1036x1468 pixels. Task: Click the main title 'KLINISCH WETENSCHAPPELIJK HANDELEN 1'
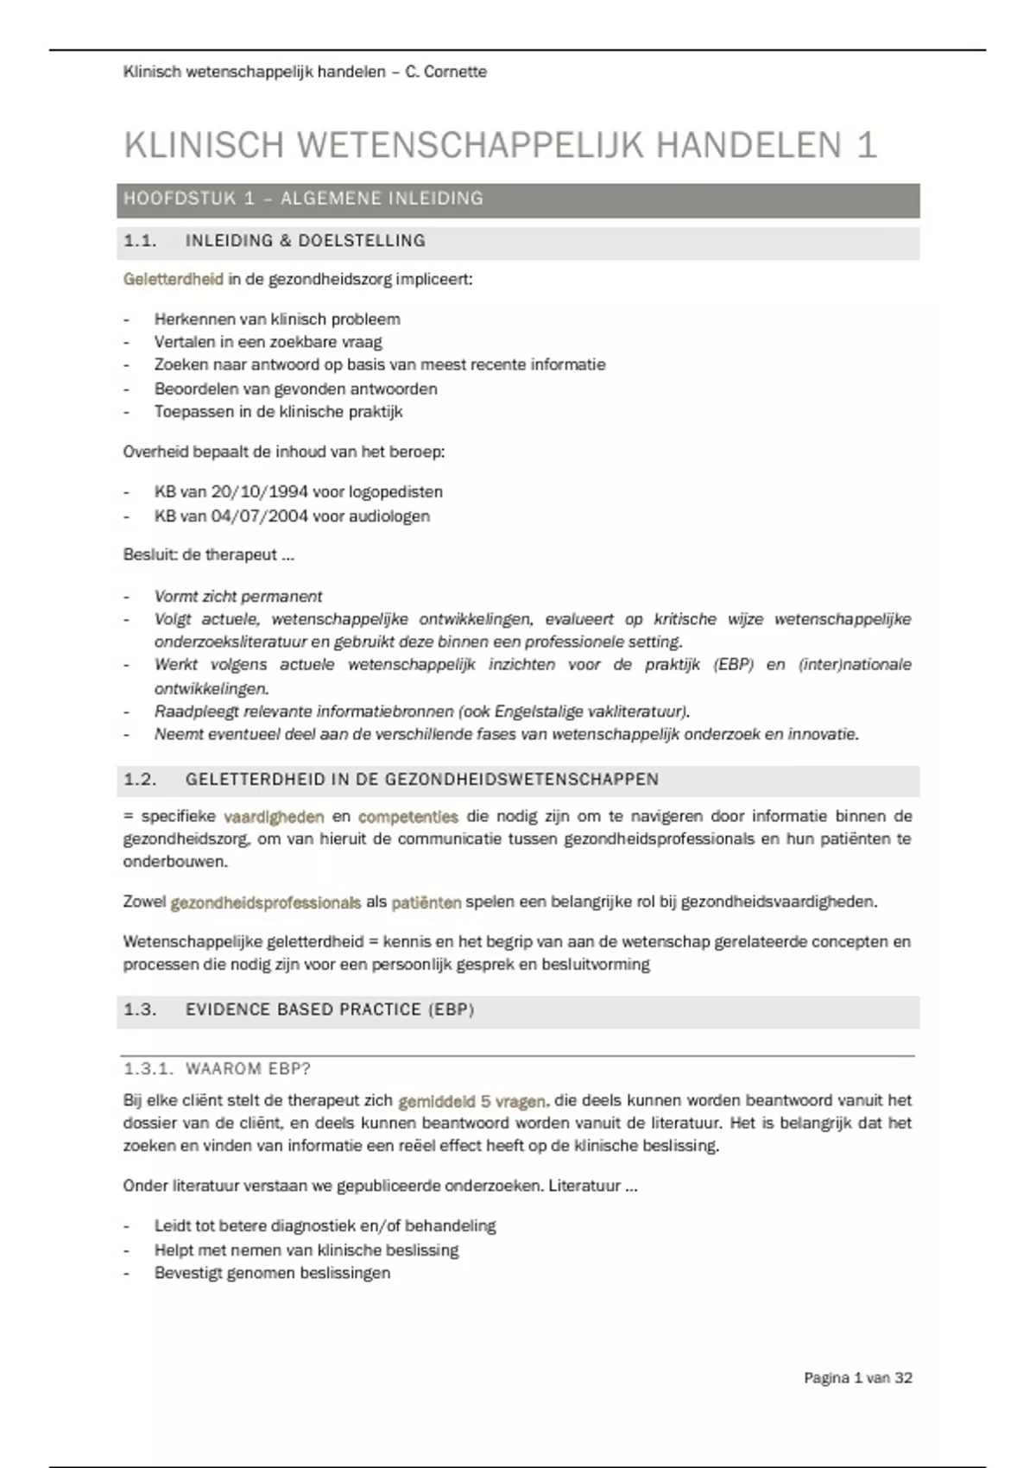click(x=501, y=145)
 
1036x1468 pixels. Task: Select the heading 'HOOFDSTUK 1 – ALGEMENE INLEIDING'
click(x=303, y=199)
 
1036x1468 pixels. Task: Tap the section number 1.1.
click(x=140, y=241)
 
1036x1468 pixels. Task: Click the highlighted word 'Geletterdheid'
click(x=174, y=280)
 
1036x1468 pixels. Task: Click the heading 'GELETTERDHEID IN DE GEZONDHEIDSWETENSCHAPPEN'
click(x=421, y=780)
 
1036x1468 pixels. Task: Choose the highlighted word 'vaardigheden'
click(x=274, y=817)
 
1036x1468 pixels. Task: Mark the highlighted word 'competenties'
click(x=408, y=817)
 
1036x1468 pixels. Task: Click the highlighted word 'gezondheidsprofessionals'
click(x=266, y=903)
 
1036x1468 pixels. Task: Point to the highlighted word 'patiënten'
click(x=426, y=903)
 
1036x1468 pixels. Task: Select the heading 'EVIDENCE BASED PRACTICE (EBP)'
click(x=330, y=1010)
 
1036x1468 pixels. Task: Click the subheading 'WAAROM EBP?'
click(x=248, y=1069)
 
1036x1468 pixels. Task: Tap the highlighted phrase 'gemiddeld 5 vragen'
click(x=471, y=1102)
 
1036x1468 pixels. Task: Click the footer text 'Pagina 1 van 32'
click(x=858, y=1378)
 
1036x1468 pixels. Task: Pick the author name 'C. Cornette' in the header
click(x=445, y=72)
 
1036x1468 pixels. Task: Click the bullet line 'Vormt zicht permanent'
click(x=238, y=597)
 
